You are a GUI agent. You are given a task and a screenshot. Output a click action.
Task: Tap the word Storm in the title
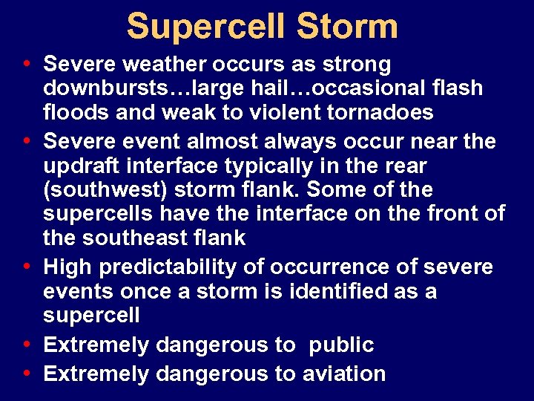347,26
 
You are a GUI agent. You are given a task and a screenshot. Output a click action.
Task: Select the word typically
285,165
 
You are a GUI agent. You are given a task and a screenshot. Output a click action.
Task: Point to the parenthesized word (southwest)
105,190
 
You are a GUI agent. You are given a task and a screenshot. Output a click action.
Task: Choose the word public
342,345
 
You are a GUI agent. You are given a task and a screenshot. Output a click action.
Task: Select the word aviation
344,373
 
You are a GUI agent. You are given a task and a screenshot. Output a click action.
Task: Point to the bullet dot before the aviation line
27,373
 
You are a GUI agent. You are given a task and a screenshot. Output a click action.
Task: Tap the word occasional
369,88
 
